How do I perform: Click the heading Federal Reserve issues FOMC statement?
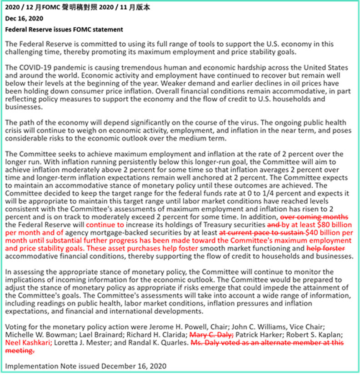click(64, 30)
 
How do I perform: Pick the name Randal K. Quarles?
click(158, 343)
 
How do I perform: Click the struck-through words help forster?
click(326, 248)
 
